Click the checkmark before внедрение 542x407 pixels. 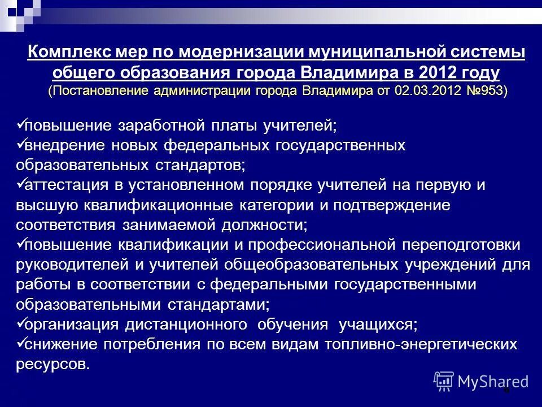(x=21, y=145)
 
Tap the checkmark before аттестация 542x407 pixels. (x=21, y=184)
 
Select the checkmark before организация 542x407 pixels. (x=21, y=324)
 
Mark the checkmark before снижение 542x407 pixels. (x=21, y=344)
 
